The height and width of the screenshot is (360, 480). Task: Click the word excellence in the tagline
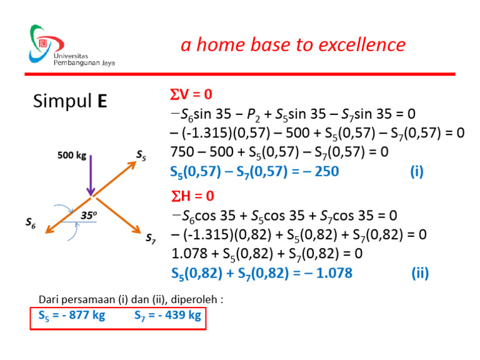click(362, 45)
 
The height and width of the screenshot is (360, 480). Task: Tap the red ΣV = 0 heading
click(191, 95)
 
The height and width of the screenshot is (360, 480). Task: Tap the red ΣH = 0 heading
click(192, 197)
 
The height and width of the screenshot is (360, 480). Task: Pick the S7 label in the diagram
click(151, 238)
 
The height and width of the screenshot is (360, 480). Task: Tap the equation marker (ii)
click(420, 273)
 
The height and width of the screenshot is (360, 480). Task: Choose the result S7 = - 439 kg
click(167, 315)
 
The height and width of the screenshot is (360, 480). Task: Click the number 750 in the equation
click(184, 152)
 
